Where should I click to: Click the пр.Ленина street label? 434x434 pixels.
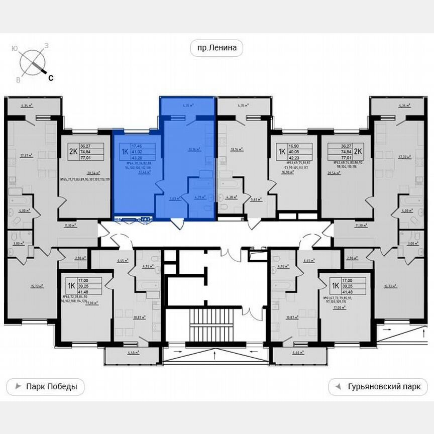pyautogui.click(x=216, y=48)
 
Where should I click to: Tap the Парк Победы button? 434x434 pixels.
pyautogui.click(x=45, y=387)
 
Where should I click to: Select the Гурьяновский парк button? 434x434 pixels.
pyautogui.click(x=378, y=387)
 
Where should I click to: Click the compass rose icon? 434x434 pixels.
pyautogui.click(x=32, y=62)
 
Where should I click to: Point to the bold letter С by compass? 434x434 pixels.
pyautogui.click(x=51, y=77)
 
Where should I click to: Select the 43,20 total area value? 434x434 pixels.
pyautogui.click(x=137, y=156)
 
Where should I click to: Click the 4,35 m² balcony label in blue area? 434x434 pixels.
pyautogui.click(x=187, y=106)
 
